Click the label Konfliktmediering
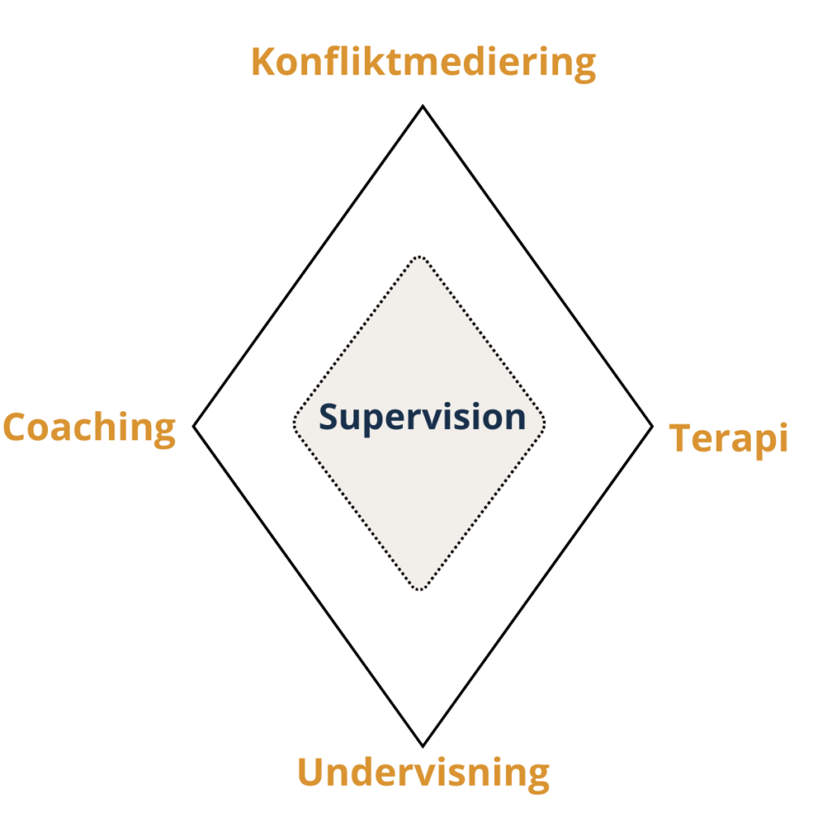(x=423, y=63)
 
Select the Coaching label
(x=89, y=427)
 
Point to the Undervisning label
(x=422, y=773)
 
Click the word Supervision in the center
(x=422, y=417)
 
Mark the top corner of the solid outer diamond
(x=422, y=106)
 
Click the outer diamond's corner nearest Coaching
(x=194, y=426)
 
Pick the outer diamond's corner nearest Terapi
(x=652, y=426)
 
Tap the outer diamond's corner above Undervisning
(x=422, y=744)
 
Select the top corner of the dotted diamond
(x=419, y=258)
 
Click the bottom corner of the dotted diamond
(x=419, y=589)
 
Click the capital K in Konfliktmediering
(x=263, y=62)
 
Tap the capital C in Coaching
(x=17, y=427)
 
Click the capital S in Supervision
(x=329, y=417)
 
